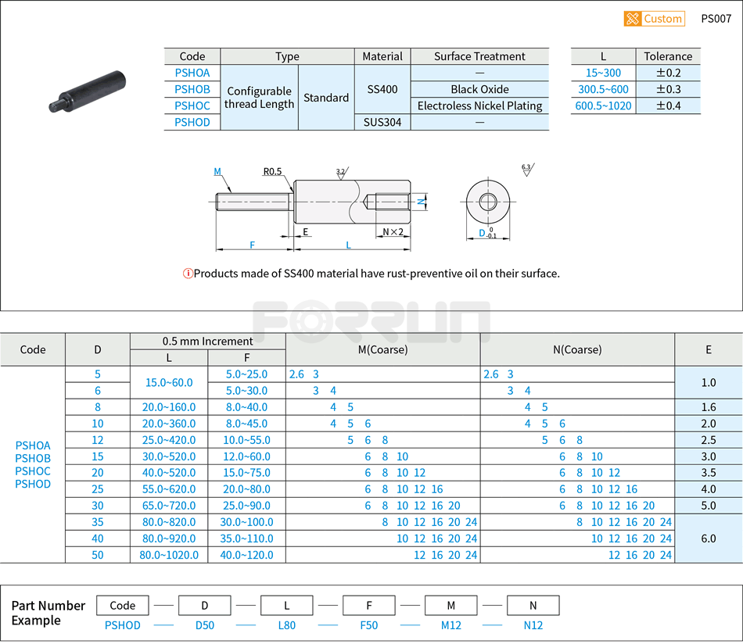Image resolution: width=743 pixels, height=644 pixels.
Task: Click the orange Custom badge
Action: coord(654,19)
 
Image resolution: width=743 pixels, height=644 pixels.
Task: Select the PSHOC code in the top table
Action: coord(192,106)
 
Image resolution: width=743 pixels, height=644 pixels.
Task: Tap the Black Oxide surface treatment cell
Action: coord(479,89)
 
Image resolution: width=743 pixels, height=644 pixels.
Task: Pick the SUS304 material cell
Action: coord(382,122)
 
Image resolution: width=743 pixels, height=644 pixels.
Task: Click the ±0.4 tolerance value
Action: coord(668,106)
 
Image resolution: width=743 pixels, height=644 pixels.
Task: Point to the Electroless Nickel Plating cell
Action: coord(479,106)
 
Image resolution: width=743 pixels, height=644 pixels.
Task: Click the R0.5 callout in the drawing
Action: coord(273,172)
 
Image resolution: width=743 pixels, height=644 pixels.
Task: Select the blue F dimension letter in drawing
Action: coord(253,245)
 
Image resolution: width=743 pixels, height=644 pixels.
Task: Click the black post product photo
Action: coord(88,91)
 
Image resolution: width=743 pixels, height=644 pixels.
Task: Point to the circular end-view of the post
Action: coord(487,202)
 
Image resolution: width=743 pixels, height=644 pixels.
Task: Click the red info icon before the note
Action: coord(188,274)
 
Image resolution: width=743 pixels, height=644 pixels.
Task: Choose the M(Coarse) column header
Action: coord(382,349)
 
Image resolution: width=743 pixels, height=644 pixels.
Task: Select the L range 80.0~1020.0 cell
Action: coord(169,555)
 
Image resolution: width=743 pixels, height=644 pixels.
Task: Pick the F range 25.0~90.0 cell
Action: coord(246,506)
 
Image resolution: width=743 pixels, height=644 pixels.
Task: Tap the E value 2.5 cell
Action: coord(709,440)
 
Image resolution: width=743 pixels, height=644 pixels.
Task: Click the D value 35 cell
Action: coord(98,522)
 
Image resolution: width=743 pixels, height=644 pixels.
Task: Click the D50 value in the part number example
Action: coord(205,625)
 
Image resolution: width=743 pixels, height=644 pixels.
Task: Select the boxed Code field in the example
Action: coord(123,605)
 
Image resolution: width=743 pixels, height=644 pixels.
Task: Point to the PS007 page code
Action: coord(716,19)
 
